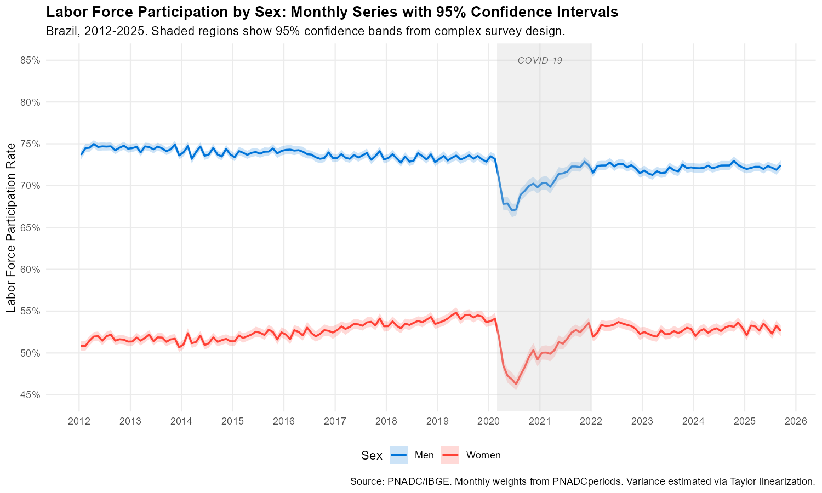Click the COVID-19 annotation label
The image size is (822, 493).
point(540,61)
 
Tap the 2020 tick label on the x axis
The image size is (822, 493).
point(488,422)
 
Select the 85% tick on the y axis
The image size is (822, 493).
point(31,60)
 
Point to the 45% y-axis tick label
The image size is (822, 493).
point(31,395)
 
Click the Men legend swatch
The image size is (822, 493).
point(399,455)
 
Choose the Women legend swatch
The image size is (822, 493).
point(450,455)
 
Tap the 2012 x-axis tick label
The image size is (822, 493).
point(79,422)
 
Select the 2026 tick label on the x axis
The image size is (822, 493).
point(796,422)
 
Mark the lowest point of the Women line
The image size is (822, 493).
point(516,384)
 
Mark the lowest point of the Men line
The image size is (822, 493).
point(511,210)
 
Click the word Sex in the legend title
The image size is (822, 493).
point(372,455)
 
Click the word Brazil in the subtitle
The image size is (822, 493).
point(61,31)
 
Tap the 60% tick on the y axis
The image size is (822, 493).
point(31,270)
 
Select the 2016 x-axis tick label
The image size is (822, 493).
point(284,422)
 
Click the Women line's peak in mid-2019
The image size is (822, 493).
point(456,313)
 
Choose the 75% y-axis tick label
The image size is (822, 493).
point(31,144)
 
